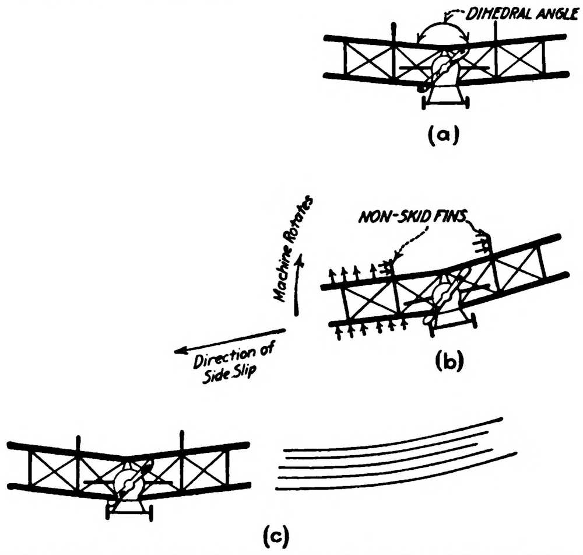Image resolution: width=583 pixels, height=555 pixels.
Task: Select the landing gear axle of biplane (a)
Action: point(447,104)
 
